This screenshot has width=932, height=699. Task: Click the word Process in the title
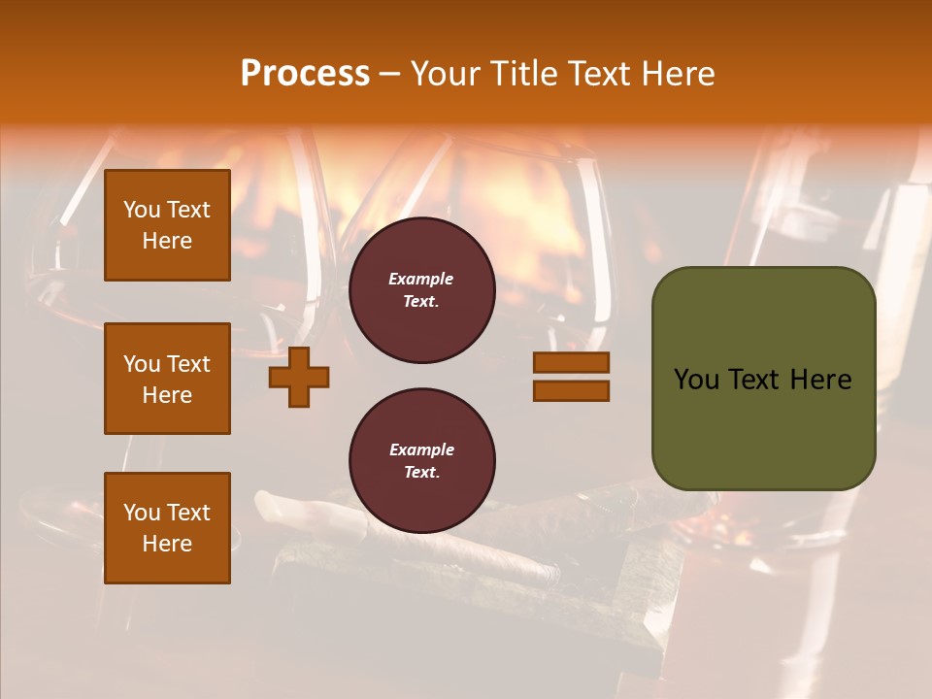[305, 74]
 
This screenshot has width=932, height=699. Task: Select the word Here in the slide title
[679, 74]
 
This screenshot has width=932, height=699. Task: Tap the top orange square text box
[167, 225]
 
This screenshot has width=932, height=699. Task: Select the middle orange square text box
[167, 379]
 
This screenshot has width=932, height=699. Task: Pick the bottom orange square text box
[167, 528]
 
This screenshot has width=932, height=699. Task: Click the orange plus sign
[299, 378]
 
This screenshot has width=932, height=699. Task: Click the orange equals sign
[571, 377]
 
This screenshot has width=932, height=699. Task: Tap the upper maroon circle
[421, 290]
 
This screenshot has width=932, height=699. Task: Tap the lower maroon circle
[421, 461]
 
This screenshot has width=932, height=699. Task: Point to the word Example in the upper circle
[420, 279]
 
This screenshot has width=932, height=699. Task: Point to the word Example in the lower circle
[421, 449]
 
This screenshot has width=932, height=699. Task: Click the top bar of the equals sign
[571, 363]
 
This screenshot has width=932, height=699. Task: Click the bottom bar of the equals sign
[571, 391]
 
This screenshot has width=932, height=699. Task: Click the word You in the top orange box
[142, 210]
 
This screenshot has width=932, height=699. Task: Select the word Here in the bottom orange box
[167, 544]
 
